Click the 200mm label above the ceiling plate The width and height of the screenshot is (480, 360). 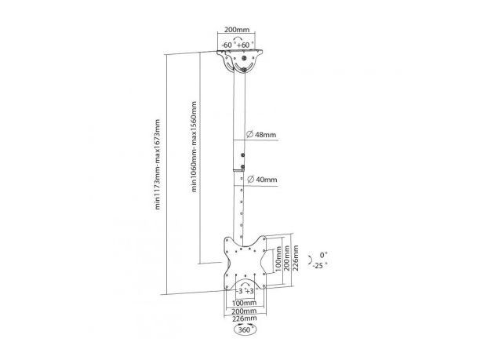pos(237,30)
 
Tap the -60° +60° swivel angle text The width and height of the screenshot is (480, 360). pos(238,45)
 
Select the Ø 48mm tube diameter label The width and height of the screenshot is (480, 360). pos(261,134)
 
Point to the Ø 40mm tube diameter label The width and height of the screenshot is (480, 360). pos(262,179)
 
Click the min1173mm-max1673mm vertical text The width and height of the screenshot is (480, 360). pos(158,165)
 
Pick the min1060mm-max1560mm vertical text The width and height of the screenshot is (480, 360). pos(194,147)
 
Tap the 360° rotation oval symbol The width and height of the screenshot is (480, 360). pos(245,330)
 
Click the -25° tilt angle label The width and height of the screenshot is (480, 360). pos(319,265)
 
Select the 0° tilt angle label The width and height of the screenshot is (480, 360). pos(324,255)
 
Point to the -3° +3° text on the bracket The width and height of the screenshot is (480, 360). pos(246,290)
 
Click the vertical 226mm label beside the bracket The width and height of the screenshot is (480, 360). pos(296,258)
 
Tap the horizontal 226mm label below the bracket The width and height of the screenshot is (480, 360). pos(244,318)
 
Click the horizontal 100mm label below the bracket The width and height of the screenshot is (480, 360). pos(244,303)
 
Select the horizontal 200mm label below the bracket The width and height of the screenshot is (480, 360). pos(244,311)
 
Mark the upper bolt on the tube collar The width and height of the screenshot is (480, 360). pos(243,155)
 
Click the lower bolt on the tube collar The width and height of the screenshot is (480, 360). pos(243,167)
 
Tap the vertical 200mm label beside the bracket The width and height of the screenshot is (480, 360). pos(287,257)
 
